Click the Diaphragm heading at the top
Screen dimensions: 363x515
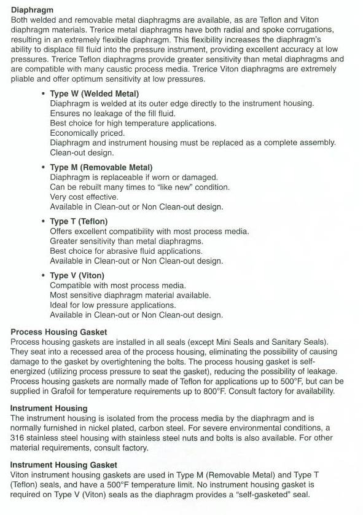click(x=32, y=10)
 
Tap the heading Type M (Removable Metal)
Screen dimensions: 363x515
click(x=101, y=167)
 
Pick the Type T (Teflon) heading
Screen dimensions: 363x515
click(x=79, y=221)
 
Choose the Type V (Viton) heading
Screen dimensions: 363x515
click(x=77, y=275)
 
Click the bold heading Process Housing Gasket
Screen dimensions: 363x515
click(x=58, y=332)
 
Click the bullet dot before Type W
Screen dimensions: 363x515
click(x=43, y=94)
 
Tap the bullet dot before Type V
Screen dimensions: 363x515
click(x=43, y=276)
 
